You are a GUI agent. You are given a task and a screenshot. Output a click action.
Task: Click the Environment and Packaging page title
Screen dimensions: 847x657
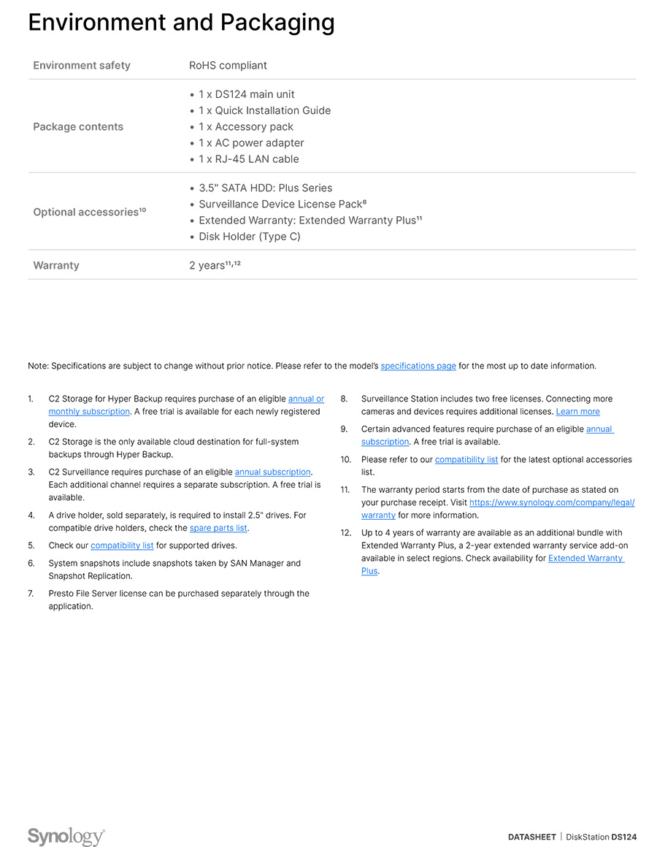[181, 23]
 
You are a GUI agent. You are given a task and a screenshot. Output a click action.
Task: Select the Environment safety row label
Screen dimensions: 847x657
[82, 66]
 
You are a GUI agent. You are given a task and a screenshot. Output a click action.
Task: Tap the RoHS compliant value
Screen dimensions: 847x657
[228, 66]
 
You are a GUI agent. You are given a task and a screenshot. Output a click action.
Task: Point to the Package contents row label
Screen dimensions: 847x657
[78, 127]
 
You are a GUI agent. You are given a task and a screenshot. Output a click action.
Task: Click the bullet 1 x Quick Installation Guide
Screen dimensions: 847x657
[264, 111]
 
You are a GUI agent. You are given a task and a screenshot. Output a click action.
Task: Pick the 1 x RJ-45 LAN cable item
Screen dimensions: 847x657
[248, 159]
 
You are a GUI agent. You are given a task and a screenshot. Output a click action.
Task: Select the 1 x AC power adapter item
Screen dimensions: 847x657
[251, 143]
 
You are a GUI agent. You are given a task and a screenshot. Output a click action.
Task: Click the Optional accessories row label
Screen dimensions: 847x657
[89, 212]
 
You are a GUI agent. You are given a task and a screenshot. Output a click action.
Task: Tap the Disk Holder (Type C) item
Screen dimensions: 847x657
[249, 237]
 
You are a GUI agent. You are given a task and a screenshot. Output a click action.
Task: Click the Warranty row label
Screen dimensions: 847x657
[56, 266]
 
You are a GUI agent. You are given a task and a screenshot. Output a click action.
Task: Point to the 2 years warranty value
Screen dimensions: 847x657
[214, 266]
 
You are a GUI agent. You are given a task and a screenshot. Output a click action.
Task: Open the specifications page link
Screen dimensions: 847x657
[418, 366]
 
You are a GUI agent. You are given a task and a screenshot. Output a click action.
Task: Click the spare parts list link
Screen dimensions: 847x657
[218, 528]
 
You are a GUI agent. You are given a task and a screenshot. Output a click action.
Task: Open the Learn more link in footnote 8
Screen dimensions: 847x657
[577, 412]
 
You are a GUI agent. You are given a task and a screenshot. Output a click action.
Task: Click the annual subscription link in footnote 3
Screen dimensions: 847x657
[272, 472]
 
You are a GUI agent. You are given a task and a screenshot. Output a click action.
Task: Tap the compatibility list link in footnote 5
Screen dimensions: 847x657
[122, 545]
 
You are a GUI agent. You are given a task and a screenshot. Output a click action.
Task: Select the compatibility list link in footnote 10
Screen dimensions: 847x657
[466, 460]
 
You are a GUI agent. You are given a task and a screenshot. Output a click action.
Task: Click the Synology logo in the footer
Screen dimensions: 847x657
[66, 836]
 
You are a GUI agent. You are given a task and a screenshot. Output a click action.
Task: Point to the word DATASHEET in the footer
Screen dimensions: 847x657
[531, 837]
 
